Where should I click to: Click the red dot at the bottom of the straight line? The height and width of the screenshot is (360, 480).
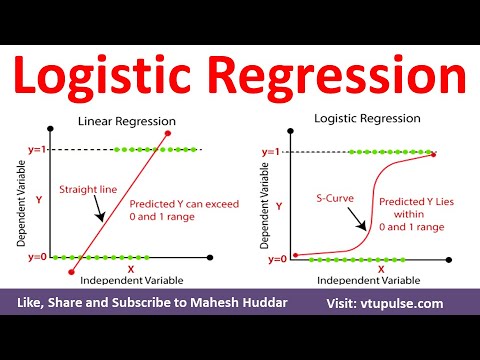71,270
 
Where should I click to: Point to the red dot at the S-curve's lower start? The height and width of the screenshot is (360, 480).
296,254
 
